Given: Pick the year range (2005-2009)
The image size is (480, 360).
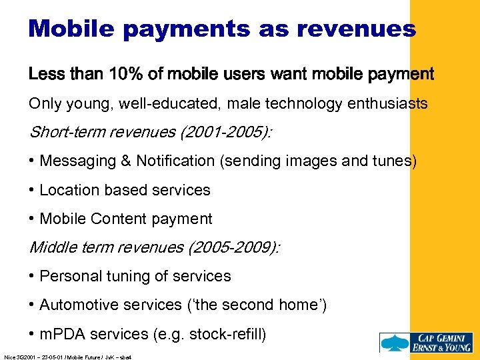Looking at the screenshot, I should coord(235,247).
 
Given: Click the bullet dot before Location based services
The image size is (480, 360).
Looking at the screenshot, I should coord(32,190).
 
